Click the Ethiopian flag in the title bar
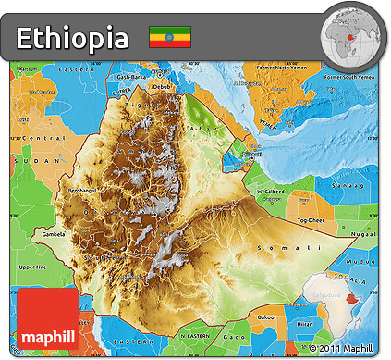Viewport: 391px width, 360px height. click(170, 37)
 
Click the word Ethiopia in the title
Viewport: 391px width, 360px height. click(72, 38)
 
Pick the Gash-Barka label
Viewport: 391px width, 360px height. click(135, 77)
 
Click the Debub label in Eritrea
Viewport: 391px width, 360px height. click(163, 88)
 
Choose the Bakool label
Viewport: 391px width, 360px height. click(267, 317)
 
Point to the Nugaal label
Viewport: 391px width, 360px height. click(366, 234)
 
